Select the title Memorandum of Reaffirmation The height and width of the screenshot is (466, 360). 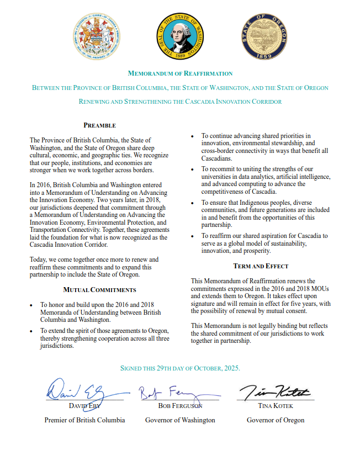[x=180, y=73]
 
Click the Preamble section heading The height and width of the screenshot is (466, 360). [x=99, y=125]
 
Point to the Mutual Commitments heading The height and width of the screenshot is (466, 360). [x=99, y=289]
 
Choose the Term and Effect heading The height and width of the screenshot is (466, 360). [x=261, y=266]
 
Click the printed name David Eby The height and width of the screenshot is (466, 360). [x=84, y=406]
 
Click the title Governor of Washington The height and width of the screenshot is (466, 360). [x=180, y=420]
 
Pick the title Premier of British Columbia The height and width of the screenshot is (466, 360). [x=84, y=420]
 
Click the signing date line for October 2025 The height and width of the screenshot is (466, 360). [x=180, y=368]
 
